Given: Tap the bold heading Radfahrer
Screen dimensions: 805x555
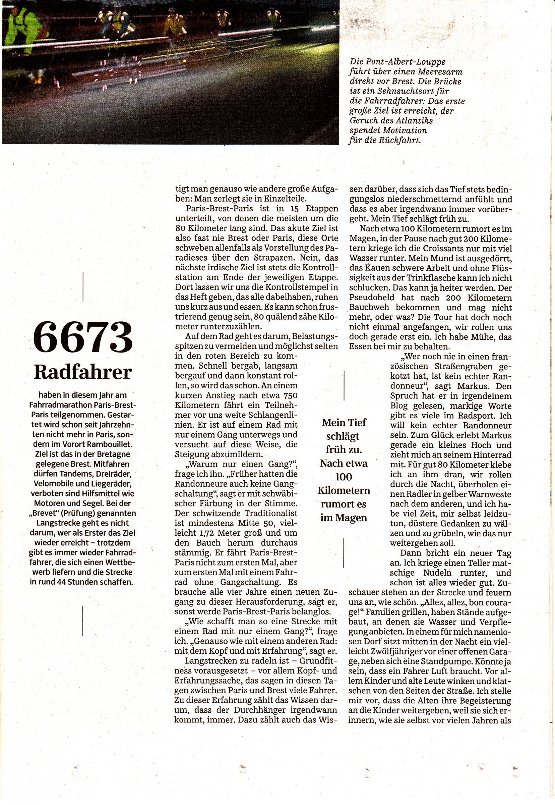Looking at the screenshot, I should pos(83,373).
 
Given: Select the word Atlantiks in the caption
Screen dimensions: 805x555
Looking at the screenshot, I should pos(414,121).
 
